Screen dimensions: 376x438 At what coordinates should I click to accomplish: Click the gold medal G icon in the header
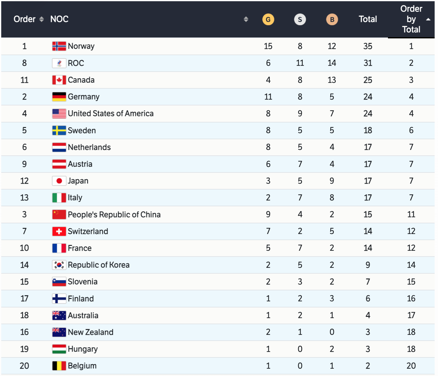point(268,20)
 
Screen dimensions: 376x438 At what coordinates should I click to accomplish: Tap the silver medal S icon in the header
point(300,20)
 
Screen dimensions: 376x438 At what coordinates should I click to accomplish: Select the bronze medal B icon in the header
point(332,20)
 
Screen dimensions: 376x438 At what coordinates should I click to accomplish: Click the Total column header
point(368,19)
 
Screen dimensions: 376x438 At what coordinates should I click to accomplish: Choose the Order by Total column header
point(411,19)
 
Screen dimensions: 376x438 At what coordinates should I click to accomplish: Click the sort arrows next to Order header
point(42,19)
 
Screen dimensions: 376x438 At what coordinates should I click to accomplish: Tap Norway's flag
point(59,46)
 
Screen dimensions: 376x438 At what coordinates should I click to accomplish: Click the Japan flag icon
point(59,181)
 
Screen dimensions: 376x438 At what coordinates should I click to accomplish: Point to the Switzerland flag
point(59,231)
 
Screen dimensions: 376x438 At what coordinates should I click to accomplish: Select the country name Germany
point(84,97)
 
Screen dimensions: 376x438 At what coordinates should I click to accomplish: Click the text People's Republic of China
point(114,215)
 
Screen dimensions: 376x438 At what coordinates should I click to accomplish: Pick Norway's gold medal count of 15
point(268,46)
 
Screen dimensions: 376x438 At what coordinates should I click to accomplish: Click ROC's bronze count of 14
point(332,63)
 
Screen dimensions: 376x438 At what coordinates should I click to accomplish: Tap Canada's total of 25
point(368,80)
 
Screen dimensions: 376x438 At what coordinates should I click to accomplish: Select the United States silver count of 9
point(300,114)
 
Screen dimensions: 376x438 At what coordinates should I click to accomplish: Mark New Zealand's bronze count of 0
point(332,332)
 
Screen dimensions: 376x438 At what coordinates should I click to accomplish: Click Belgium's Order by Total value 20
point(411,366)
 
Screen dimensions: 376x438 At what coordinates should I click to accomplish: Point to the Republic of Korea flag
point(59,265)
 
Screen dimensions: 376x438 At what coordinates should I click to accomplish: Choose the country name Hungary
point(83,349)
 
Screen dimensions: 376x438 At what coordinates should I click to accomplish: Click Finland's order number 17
point(24,299)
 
